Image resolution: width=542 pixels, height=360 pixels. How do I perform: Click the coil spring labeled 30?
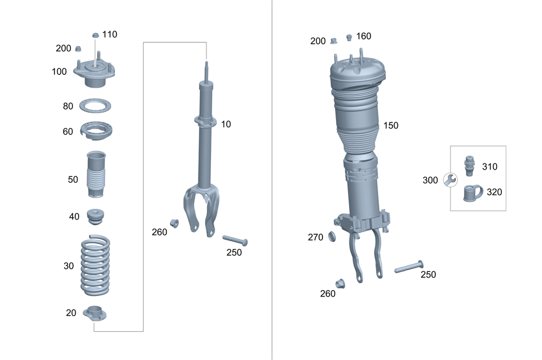pos(95,265)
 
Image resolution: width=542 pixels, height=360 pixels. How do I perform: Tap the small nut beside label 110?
pos(95,35)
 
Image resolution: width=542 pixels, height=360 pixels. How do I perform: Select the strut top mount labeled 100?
pos(95,74)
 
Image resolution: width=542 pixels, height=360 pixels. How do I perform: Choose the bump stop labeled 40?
pos(96,216)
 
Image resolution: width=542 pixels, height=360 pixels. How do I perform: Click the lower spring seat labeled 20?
pos(94,313)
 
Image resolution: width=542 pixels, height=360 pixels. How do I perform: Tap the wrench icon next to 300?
pos(449,180)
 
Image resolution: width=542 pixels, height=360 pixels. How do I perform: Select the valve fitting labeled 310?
pos(470,166)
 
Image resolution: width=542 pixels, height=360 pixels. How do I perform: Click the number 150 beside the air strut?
pos(390,126)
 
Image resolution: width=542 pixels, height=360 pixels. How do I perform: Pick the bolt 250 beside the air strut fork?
pos(408,267)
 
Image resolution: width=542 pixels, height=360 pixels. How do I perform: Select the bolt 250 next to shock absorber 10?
pos(235,239)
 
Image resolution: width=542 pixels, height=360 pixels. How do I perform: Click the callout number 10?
pos(225,124)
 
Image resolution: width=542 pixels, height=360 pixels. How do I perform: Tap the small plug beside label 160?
pos(350,37)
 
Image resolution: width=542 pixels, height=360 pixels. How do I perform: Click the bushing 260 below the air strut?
pos(340,282)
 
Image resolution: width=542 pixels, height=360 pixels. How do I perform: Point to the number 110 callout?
pos(109,34)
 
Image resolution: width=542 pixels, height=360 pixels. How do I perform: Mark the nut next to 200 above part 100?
pos(78,48)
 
